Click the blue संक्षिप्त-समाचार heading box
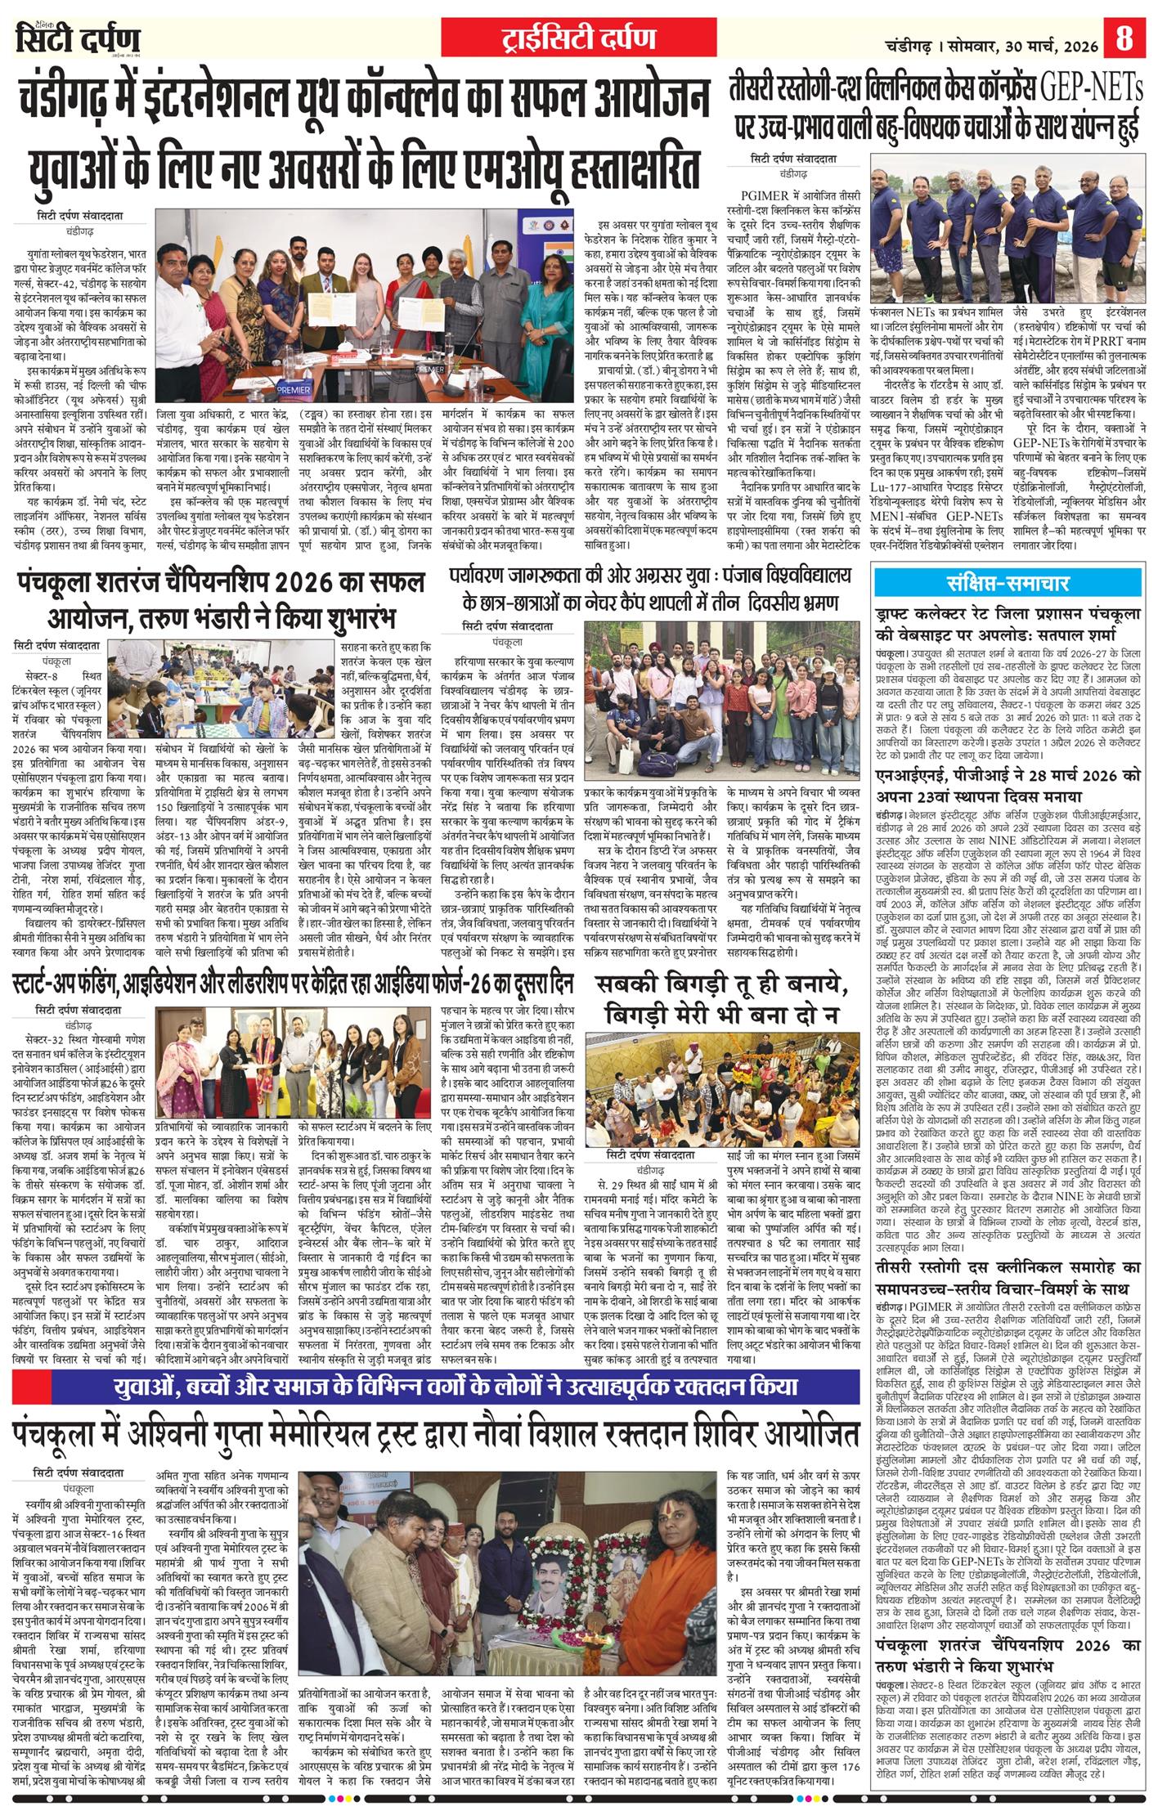[1008, 585]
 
